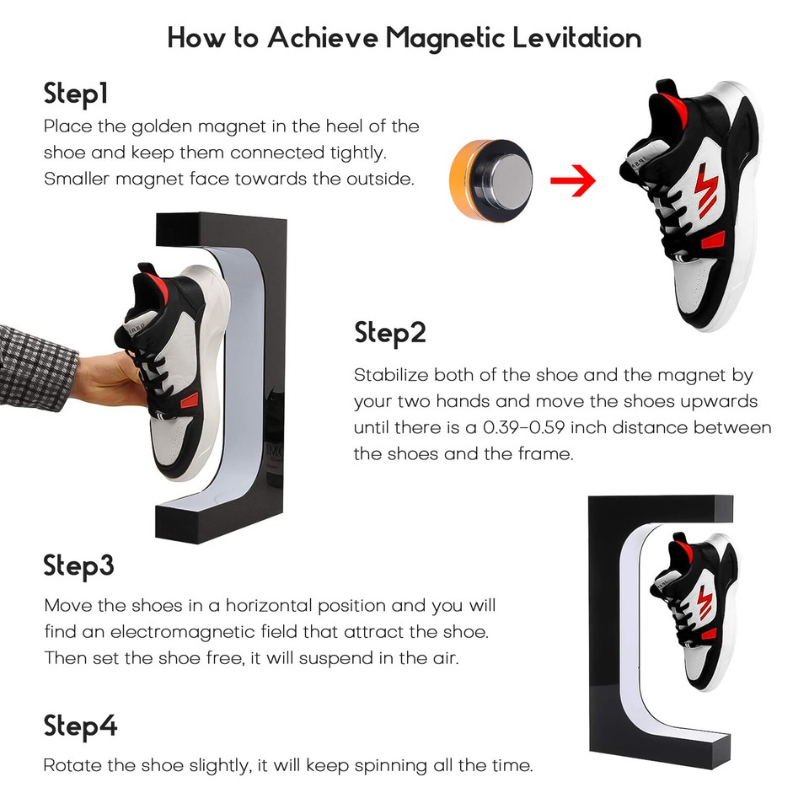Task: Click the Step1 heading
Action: pyautogui.click(x=76, y=94)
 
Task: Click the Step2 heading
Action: pyautogui.click(x=390, y=333)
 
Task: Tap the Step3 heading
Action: pyautogui.click(x=78, y=565)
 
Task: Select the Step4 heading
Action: pyautogui.click(x=80, y=726)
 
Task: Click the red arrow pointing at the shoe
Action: pyautogui.click(x=573, y=180)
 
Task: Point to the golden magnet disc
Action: pyautogui.click(x=490, y=180)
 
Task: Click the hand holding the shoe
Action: pyautogui.click(x=106, y=379)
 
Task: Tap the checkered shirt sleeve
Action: pyautogui.click(x=36, y=367)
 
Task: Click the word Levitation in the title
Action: pyautogui.click(x=576, y=38)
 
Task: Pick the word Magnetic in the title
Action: pyautogui.click(x=445, y=38)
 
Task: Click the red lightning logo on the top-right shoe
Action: pyautogui.click(x=705, y=189)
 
